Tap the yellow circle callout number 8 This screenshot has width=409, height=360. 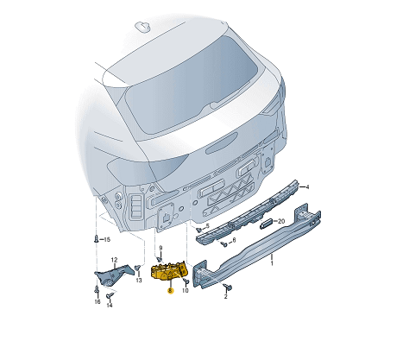tap(171, 291)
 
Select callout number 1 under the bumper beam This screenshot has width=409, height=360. tap(272, 263)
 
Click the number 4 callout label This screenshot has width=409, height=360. tap(307, 187)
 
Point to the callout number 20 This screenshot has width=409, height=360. tap(281, 221)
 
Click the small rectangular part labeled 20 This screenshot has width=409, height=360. tap(267, 224)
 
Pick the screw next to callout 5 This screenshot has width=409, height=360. tap(198, 230)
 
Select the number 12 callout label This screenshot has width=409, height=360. tap(115, 260)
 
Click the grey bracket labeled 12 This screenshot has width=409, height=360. tap(114, 275)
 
